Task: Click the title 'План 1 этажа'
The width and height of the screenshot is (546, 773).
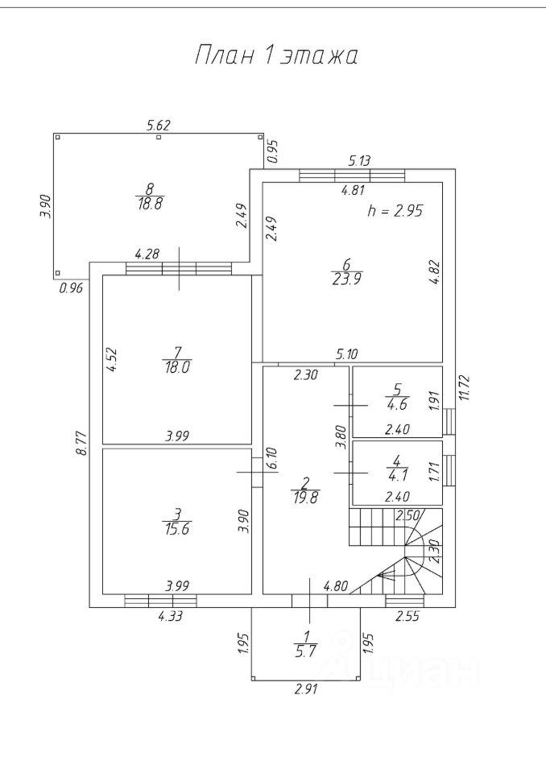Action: pos(276,56)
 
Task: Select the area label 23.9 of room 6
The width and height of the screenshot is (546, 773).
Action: pos(345,279)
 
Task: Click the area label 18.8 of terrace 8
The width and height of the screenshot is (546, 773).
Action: pos(148,204)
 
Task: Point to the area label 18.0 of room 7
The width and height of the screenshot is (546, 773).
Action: pos(176,365)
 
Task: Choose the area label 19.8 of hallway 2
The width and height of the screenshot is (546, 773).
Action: pos(305,497)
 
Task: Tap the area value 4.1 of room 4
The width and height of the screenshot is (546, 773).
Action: pos(397,474)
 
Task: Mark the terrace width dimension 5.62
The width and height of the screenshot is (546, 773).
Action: pos(159,125)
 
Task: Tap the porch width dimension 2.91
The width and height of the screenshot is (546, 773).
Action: pos(305,690)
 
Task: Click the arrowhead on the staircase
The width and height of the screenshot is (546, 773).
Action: pos(380,575)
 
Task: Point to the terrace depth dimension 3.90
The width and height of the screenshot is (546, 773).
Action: pos(46,206)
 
